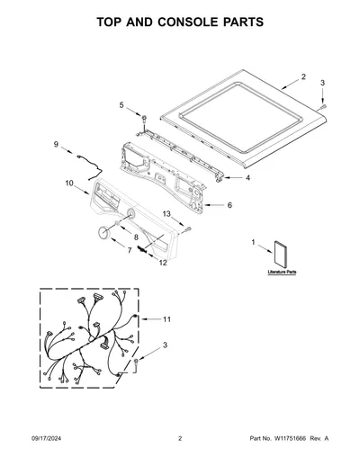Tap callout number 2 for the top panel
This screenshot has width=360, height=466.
(x=303, y=76)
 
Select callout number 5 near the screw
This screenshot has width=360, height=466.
(x=121, y=105)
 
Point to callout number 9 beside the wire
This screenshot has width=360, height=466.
(x=56, y=145)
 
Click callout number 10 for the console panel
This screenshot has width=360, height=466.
(x=69, y=183)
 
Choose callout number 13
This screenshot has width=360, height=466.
(x=166, y=214)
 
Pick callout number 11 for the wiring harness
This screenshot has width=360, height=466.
(x=166, y=319)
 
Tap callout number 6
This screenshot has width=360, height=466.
(x=229, y=205)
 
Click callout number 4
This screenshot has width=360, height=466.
(x=247, y=178)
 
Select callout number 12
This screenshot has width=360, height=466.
(x=163, y=263)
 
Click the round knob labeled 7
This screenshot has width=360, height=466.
(x=103, y=233)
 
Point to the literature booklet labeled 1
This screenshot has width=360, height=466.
(x=281, y=255)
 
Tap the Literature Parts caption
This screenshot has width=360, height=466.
(x=282, y=272)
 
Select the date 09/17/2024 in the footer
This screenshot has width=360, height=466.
(x=47, y=438)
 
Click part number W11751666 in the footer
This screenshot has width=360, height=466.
(x=290, y=438)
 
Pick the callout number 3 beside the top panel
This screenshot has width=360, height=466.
(x=322, y=83)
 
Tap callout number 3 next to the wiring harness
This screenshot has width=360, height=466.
(x=165, y=345)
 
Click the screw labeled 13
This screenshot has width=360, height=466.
(x=188, y=229)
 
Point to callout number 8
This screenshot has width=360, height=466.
(x=136, y=237)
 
